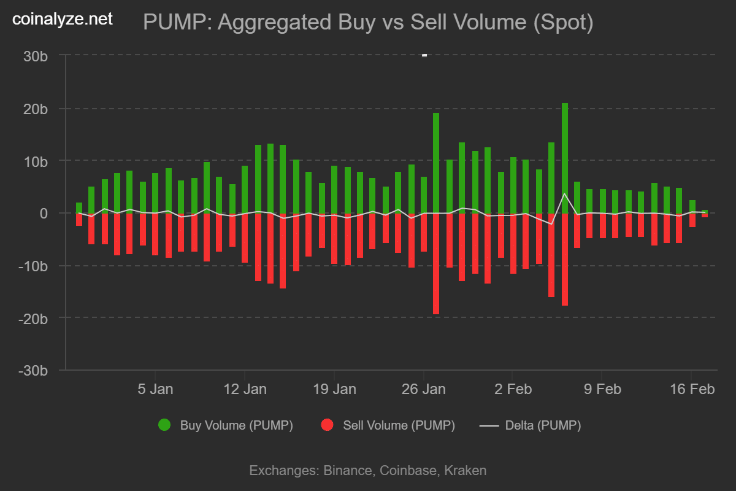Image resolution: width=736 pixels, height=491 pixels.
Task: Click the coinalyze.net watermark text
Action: (63, 20)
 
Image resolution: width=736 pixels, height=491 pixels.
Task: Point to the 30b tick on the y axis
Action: (36, 56)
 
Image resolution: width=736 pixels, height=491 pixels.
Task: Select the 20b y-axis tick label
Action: (36, 109)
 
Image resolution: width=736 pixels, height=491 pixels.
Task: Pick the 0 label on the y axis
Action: (44, 214)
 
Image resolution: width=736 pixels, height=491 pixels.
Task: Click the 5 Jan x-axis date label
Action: (155, 389)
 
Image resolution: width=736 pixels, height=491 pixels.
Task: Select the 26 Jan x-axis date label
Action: (423, 389)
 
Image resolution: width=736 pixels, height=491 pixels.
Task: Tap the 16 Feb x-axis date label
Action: (691, 389)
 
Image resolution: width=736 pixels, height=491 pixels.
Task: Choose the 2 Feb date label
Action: (512, 389)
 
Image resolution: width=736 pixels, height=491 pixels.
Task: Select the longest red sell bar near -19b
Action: (436, 264)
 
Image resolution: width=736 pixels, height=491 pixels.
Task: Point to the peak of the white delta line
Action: (565, 193)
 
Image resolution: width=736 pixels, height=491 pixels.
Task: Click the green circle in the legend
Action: (164, 425)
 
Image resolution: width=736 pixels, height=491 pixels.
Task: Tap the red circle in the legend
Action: (327, 425)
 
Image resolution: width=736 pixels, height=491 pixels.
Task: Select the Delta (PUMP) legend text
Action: (542, 425)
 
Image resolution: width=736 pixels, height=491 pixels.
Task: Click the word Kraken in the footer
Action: (465, 471)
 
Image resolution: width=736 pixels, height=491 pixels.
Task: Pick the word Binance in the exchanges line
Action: (347, 471)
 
